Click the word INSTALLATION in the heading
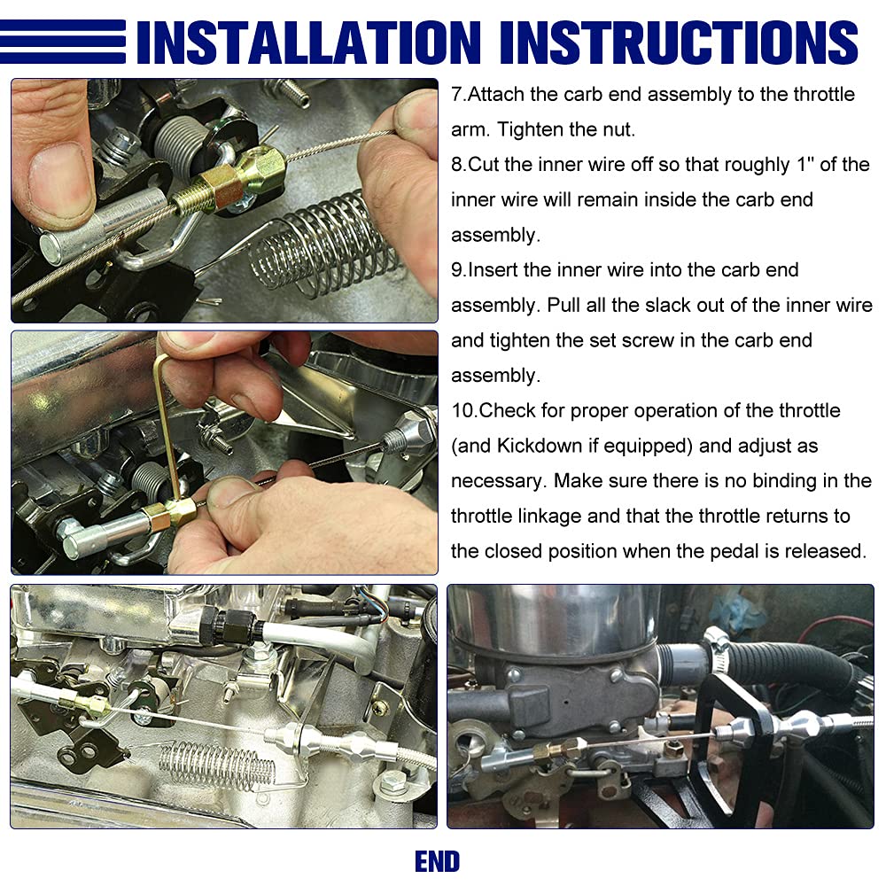(x=308, y=43)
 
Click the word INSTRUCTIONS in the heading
(x=679, y=43)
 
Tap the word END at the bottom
(x=438, y=862)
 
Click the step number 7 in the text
(x=456, y=95)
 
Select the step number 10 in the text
(x=463, y=411)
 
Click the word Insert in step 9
(x=492, y=270)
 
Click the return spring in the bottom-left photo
(x=218, y=766)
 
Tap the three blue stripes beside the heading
(x=63, y=42)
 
